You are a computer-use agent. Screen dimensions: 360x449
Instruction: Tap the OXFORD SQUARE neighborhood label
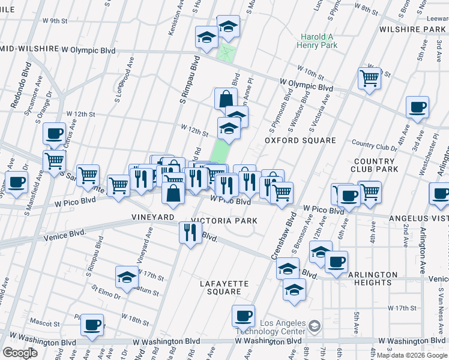tap(301, 140)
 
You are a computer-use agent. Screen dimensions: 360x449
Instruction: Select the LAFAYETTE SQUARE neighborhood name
tap(225, 287)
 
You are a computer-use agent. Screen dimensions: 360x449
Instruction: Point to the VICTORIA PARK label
tap(224, 221)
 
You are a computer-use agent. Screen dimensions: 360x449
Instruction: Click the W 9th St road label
tap(55, 21)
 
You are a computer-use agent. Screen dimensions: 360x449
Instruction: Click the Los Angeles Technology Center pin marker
tap(314, 326)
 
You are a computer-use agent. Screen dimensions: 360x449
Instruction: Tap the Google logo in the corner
tap(20, 352)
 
